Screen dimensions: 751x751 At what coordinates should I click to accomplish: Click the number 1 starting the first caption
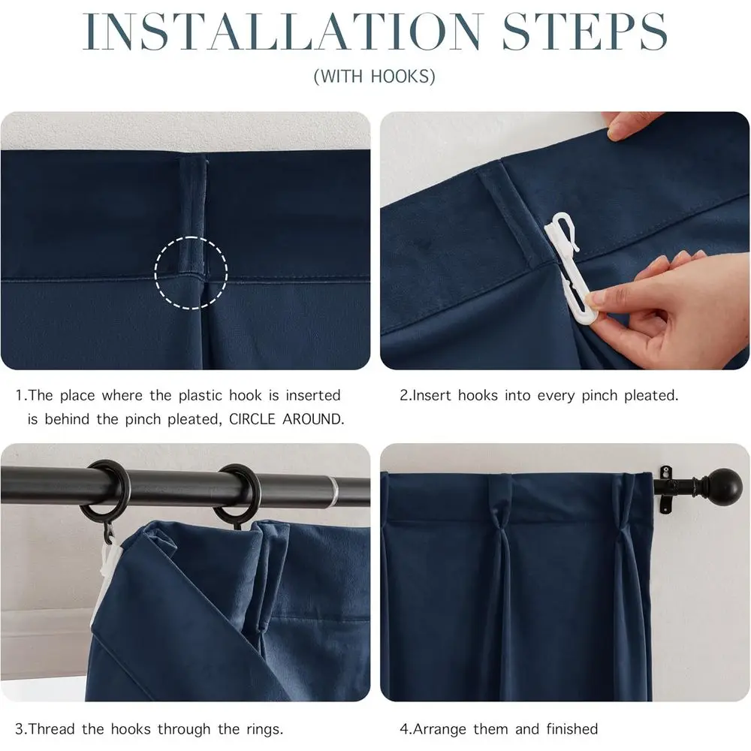19,395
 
